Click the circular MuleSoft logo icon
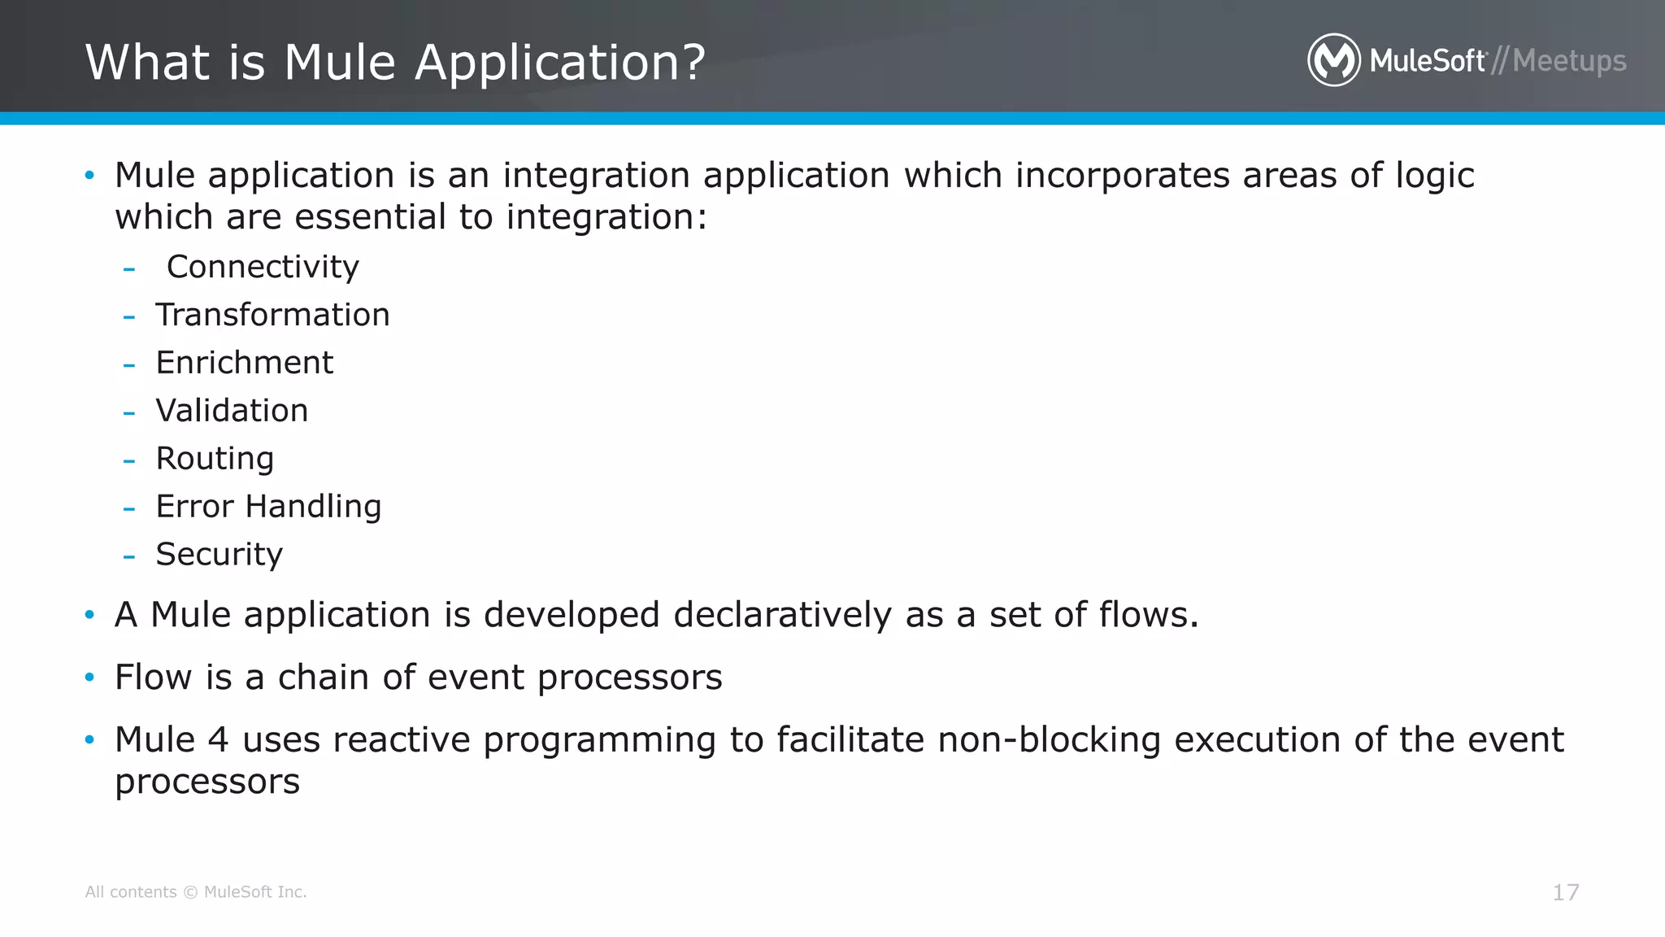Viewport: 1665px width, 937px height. tap(1333, 60)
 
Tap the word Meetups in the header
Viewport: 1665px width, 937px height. tap(1569, 62)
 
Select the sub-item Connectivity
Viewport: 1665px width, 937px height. tap(263, 267)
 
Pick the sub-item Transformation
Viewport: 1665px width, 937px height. tap(272, 315)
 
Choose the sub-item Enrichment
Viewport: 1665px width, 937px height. tap(244, 363)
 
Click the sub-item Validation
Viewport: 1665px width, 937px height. tap(232, 411)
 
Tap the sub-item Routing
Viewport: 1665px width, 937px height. tap(215, 459)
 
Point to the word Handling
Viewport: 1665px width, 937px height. tap(313, 507)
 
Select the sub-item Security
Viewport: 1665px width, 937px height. tap(219, 555)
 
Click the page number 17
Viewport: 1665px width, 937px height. tap(1565, 892)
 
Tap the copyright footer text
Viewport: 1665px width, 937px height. tap(196, 892)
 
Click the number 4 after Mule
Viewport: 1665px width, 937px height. tap(218, 740)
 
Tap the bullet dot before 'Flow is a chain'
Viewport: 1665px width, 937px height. tap(89, 677)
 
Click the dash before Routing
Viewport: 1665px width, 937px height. tap(128, 460)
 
